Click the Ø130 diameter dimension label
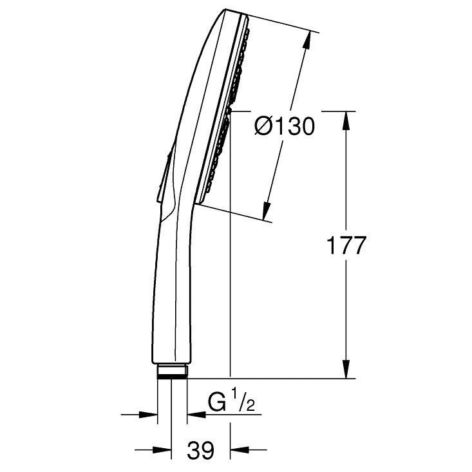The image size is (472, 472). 285,126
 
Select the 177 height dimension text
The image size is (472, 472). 346,245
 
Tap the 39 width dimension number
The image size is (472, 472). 200,450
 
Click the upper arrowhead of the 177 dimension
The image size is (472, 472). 346,120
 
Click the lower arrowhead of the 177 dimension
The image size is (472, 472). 346,369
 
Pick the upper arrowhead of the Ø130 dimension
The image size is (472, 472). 307,40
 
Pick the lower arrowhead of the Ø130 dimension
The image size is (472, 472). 266,211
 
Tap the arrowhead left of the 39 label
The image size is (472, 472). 162,450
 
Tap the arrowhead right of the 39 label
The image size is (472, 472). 240,450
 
